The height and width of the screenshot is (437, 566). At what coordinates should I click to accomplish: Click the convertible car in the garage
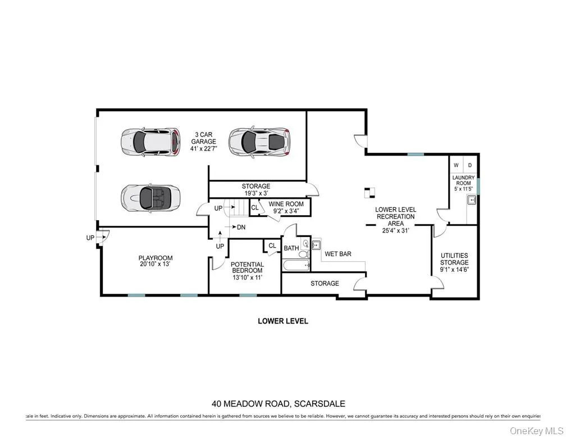[x=150, y=197]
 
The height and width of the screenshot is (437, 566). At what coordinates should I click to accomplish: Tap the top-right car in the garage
[x=259, y=140]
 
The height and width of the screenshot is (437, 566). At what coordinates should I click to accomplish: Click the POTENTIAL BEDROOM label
[x=247, y=271]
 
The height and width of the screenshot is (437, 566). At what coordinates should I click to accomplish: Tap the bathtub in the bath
[x=295, y=265]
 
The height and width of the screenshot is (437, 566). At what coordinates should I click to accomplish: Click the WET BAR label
[x=338, y=254]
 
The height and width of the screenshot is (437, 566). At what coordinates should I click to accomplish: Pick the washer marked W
[x=456, y=165]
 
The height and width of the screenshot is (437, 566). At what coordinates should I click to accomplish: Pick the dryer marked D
[x=470, y=165]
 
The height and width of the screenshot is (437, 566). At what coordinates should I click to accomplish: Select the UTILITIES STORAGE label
[x=454, y=262]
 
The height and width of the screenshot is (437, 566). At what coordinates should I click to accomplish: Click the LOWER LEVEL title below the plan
[x=283, y=321]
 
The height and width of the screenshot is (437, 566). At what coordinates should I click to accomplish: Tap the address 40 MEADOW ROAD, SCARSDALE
[x=278, y=403]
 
